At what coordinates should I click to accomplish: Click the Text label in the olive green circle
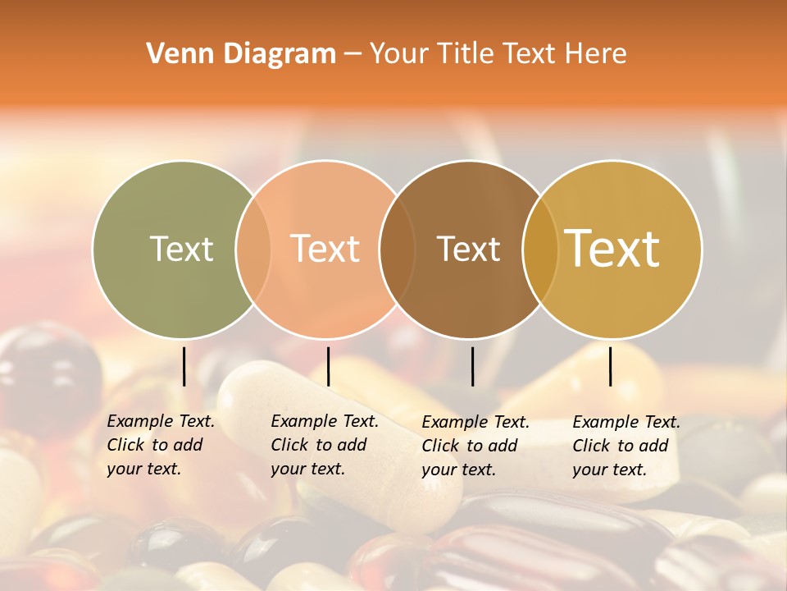coord(181,249)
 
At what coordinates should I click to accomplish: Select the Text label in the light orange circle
coord(325,249)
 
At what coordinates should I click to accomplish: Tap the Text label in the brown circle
coord(468,249)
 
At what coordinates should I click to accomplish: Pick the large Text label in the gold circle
coord(612,249)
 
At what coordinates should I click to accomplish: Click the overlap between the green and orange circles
coord(253,249)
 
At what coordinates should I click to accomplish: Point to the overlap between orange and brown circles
coord(397,249)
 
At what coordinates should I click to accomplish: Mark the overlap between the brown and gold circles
coord(540,249)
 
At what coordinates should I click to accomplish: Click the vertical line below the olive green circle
coord(184,366)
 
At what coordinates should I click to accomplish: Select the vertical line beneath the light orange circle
coord(328,366)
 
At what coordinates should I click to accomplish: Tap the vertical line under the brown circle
coord(472,366)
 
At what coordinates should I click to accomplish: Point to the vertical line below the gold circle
coord(611,366)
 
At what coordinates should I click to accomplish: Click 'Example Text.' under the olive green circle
coord(161,421)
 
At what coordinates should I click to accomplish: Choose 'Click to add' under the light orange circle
coord(319,445)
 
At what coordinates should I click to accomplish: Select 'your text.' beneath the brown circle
coord(458,470)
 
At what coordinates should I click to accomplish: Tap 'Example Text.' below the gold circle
coord(626,422)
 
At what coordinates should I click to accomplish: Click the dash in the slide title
coord(353,54)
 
